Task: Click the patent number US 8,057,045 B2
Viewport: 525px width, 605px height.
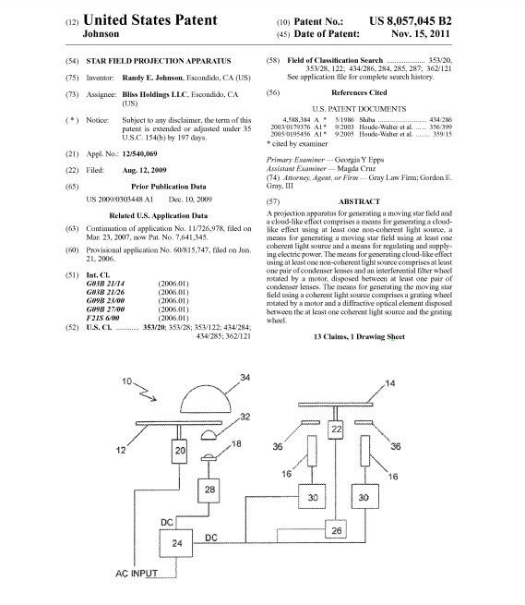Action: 411,21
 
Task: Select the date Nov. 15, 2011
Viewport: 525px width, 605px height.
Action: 421,34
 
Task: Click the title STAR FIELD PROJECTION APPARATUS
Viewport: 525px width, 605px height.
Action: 159,61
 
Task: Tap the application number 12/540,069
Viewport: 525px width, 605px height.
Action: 139,154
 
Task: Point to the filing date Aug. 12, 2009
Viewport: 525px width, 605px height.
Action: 144,170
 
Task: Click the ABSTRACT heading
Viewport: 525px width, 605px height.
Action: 359,201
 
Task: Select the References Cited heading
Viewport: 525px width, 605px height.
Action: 359,92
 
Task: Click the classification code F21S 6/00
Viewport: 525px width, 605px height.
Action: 102,318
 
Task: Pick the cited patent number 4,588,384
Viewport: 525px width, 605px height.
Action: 296,119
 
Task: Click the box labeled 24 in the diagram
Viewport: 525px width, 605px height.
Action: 176,543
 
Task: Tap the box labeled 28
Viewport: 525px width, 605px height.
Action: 209,490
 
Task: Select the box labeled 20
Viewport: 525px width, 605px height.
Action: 179,451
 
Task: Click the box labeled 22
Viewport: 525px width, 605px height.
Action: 336,430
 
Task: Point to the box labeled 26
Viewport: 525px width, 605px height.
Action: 336,529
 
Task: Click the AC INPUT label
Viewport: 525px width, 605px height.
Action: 137,574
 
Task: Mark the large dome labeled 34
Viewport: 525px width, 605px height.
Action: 206,399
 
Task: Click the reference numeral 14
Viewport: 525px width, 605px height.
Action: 389,383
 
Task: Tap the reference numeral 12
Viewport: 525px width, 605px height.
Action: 121,450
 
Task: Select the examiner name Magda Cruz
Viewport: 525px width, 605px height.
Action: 356,169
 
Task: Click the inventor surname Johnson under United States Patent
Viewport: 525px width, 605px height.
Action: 101,34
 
